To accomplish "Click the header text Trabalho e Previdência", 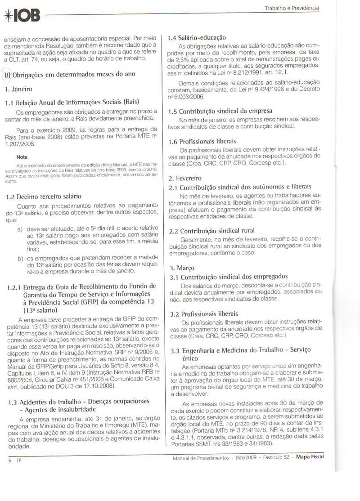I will (x=292, y=8).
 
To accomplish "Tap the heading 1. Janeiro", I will (x=18, y=89).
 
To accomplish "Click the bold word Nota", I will (x=22, y=157).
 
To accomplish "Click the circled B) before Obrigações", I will (x=7, y=74).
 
